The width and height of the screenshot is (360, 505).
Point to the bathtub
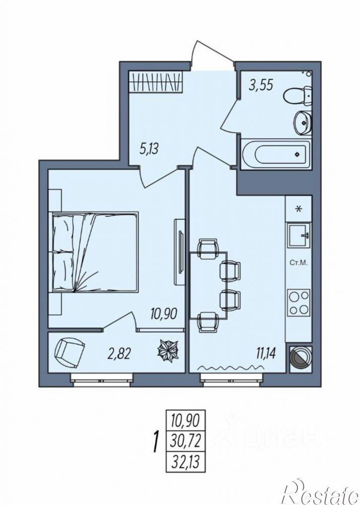(x=275, y=154)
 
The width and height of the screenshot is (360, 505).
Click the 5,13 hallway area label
(x=149, y=149)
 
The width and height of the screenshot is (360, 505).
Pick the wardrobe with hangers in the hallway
(x=155, y=82)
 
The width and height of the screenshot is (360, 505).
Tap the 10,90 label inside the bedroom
(x=163, y=313)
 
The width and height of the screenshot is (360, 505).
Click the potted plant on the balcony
(x=168, y=352)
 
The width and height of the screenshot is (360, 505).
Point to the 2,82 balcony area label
(x=119, y=355)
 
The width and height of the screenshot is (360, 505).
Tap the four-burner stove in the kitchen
(x=299, y=303)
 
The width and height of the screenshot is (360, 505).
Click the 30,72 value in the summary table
(x=186, y=441)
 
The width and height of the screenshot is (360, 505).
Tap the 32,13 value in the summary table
(x=186, y=462)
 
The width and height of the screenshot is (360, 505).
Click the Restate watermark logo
(x=321, y=493)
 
